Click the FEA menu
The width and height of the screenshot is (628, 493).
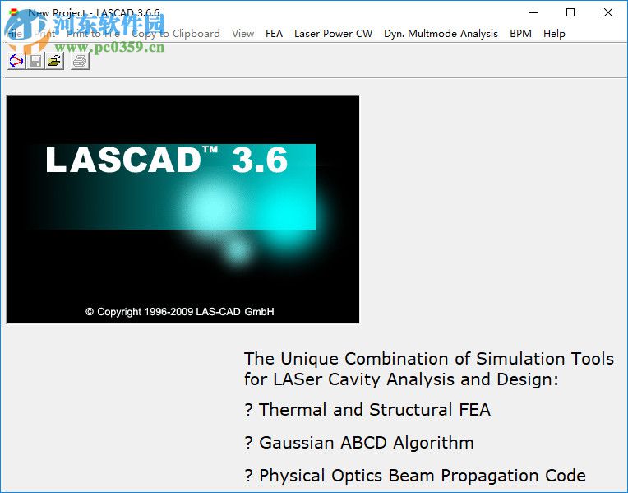(274, 34)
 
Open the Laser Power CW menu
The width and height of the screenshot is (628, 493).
(333, 34)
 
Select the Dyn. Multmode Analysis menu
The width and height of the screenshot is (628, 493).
(441, 34)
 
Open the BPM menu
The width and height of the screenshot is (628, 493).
(520, 34)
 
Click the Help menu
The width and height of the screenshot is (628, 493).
(554, 34)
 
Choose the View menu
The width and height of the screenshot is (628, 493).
(242, 34)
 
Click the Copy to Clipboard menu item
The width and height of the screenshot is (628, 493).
(176, 34)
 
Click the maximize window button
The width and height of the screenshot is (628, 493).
(570, 12)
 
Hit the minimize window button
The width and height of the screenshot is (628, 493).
(533, 12)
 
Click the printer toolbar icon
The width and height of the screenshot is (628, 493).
(79, 61)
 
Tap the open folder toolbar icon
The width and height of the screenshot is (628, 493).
(54, 61)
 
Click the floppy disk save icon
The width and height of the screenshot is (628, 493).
(35, 61)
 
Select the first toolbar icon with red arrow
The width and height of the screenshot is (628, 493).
(16, 61)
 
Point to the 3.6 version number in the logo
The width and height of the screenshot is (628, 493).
(259, 160)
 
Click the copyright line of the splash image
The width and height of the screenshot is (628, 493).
(179, 312)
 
